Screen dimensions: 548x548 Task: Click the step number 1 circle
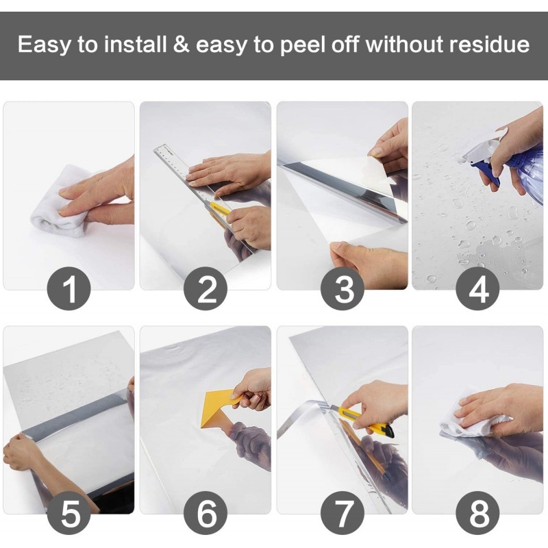pos(69,288)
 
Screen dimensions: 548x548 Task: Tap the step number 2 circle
pos(206,288)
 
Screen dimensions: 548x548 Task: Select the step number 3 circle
pos(342,288)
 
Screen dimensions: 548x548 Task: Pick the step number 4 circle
pos(477,288)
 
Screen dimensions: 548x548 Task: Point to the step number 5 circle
pos(69,512)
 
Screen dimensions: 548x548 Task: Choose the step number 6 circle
pos(206,512)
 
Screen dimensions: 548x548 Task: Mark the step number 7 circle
pos(342,512)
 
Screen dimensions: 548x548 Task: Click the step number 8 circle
pos(477,512)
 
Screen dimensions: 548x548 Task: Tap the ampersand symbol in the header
pos(181,45)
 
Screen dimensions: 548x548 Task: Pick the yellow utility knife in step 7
pos(365,421)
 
